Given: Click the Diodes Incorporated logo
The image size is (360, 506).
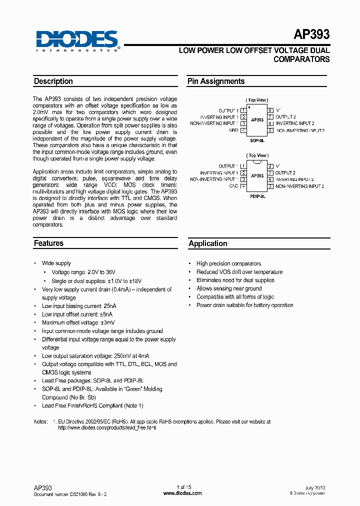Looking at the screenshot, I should [77, 40].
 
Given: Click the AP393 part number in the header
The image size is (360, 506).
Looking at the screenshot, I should [311, 34].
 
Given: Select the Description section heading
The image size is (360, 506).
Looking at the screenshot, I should [53, 81].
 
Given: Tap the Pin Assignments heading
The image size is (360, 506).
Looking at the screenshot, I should [216, 81].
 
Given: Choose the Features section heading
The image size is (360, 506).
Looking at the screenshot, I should [48, 243].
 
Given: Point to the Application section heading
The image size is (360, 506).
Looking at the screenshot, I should [208, 243].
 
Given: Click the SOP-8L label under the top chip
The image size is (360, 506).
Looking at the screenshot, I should [257, 141].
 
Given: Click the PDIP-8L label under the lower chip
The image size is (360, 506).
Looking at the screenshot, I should [257, 197].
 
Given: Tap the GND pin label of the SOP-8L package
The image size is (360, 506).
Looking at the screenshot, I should [233, 130].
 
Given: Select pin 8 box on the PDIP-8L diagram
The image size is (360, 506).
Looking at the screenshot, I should [270, 166].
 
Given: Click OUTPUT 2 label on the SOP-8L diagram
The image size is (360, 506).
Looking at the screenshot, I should [285, 116].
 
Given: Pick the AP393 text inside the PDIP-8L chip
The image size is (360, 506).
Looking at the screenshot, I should [257, 176].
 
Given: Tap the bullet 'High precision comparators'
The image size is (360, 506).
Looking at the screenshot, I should [228, 263].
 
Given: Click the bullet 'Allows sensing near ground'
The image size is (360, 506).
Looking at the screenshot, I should [229, 288].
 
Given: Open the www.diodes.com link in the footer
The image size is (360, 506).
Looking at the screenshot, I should [182, 493].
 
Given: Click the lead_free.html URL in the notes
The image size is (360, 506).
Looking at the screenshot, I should [104, 428].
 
